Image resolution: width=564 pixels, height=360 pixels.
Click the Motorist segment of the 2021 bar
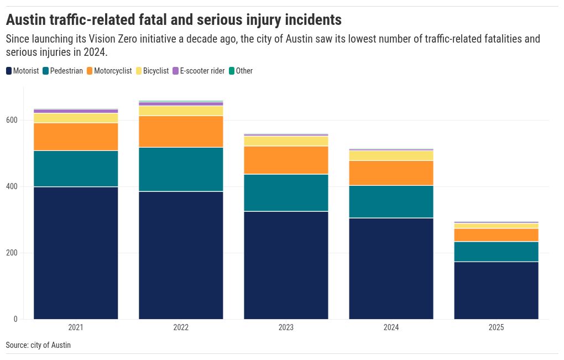(76, 253)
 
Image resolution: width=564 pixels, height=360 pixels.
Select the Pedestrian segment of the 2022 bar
(181, 169)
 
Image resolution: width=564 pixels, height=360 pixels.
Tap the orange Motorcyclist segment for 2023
(286, 160)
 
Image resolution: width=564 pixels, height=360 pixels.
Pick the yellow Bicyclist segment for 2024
(391, 155)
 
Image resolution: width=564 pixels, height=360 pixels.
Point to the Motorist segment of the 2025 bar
(496, 290)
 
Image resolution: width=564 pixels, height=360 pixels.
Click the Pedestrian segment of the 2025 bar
(496, 252)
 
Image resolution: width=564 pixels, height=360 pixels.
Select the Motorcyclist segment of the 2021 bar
(76, 137)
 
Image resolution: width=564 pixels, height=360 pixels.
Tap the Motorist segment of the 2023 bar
(286, 265)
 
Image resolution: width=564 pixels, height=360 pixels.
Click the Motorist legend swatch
(9, 71)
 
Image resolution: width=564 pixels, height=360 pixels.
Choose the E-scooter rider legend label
(202, 71)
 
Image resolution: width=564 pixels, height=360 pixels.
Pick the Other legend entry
(244, 71)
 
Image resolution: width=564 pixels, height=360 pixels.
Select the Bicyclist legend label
(156, 71)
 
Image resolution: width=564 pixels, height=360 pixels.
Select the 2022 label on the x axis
(181, 327)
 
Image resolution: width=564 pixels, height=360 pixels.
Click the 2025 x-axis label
(496, 327)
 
